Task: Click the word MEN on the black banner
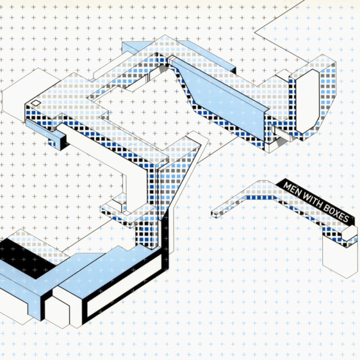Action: [291, 188]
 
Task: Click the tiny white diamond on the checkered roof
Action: [36, 103]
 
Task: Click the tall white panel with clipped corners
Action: [306, 101]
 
